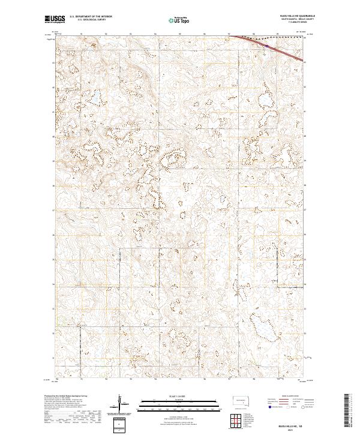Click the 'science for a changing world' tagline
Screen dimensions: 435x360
pos(53,23)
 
